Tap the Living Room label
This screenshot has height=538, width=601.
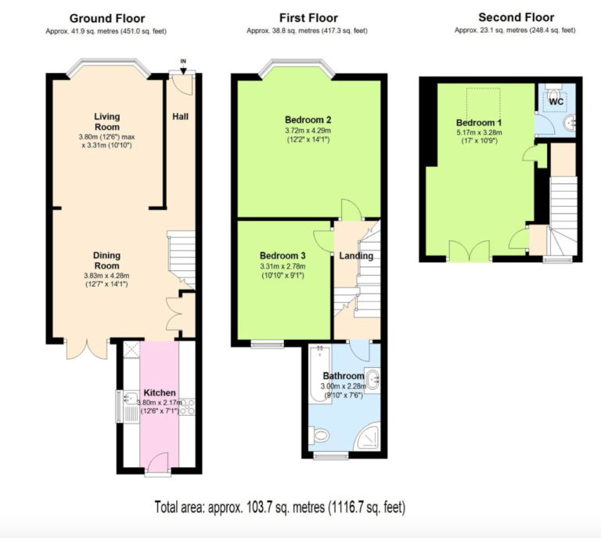[107, 121]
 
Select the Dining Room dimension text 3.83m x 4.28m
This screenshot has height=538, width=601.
[106, 276]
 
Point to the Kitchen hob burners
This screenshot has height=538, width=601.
[188, 407]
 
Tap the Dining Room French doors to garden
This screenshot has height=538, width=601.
[87, 348]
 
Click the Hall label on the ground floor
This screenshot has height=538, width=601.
[180, 117]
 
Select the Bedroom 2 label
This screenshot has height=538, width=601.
[308, 120]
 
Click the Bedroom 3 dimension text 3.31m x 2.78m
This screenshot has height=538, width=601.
[283, 266]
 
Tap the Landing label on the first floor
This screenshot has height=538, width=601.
[356, 256]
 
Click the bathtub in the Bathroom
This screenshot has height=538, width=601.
[320, 374]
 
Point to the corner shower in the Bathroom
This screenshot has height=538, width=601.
[367, 436]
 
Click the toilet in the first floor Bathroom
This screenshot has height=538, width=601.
[319, 435]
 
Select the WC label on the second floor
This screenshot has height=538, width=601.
[556, 102]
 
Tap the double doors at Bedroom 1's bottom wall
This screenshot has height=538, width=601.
[470, 251]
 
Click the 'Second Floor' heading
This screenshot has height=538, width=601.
[516, 17]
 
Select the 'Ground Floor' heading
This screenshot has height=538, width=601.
[107, 19]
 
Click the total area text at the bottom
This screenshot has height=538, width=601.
[280, 507]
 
